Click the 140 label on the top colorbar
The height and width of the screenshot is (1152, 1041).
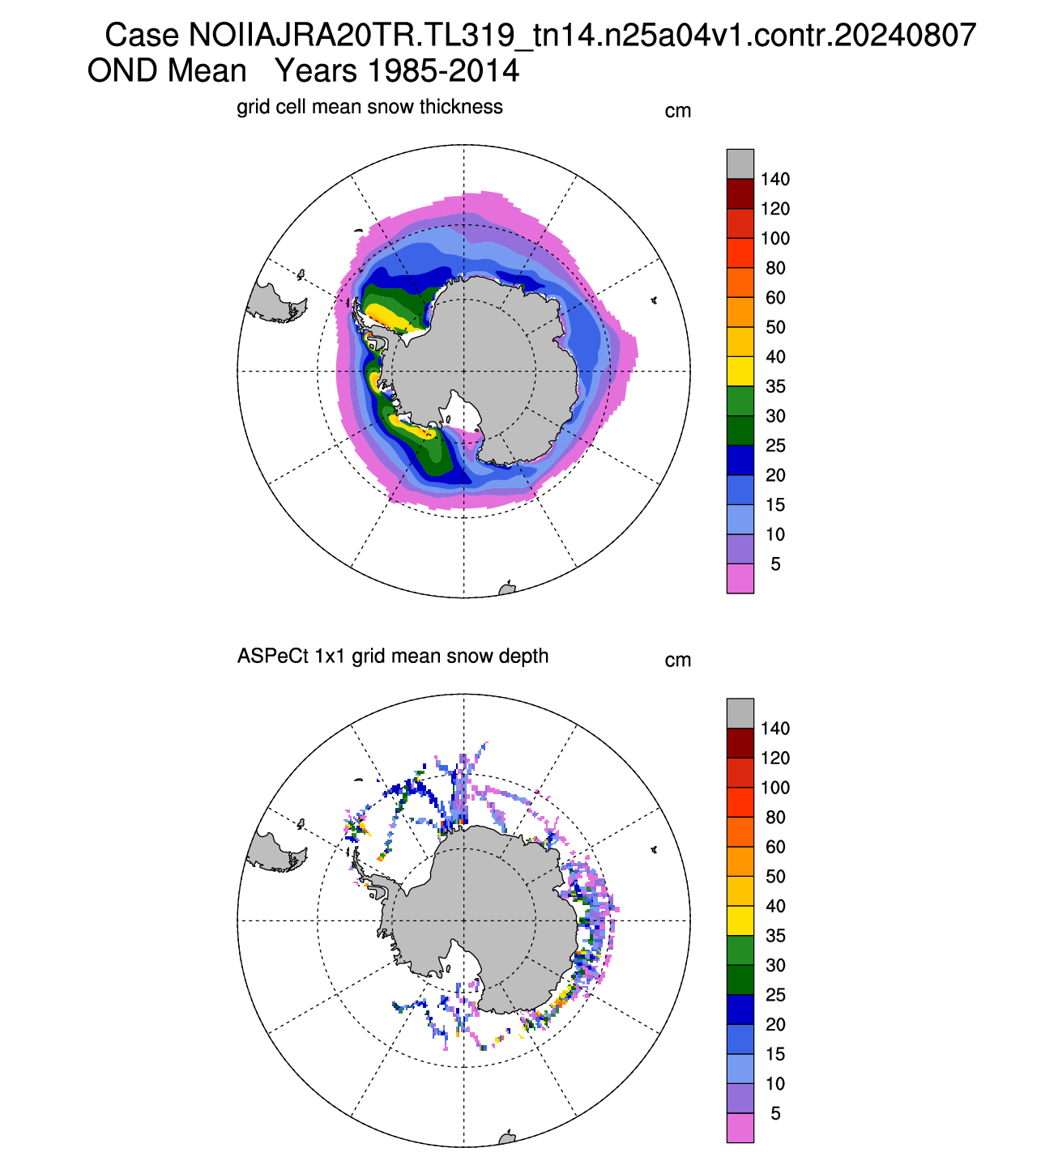774,179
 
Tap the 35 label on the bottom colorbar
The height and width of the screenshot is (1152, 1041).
774,936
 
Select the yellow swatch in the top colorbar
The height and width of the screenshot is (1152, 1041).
740,371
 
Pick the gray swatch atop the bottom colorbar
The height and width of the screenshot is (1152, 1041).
740,713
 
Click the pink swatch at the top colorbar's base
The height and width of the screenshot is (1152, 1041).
740,578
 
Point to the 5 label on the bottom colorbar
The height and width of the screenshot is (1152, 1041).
775,1113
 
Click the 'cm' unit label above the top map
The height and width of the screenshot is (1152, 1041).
678,111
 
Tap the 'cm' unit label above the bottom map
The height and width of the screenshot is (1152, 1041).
678,661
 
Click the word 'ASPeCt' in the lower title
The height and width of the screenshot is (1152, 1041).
273,656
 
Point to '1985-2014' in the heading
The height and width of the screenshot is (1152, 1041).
443,70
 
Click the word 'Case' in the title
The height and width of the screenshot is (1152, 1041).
142,35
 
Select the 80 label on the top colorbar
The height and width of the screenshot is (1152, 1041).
774,268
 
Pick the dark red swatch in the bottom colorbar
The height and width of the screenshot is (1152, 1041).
740,743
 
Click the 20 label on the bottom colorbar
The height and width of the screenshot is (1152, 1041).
774,1025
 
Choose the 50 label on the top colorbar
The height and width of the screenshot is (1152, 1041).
774,327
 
